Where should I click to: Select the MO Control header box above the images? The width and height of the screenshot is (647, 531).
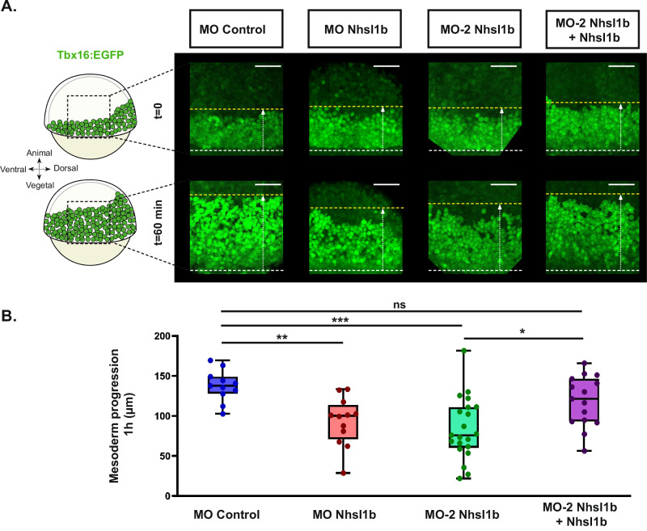coord(235,34)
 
